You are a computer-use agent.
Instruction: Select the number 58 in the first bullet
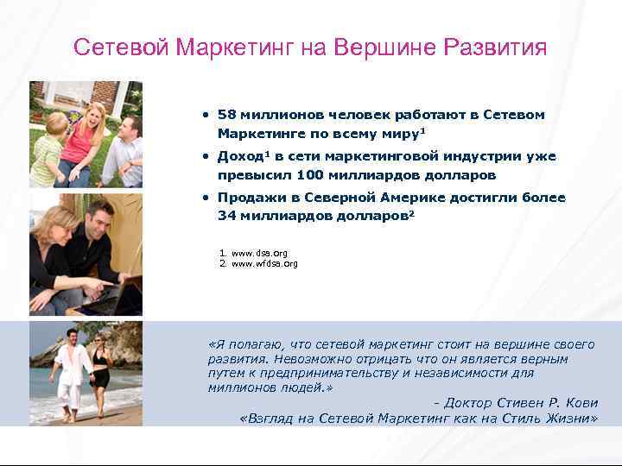coord(226,115)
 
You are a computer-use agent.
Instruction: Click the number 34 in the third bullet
coord(226,216)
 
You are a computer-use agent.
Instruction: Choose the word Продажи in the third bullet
coord(249,198)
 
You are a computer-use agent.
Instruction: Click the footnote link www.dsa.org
coord(260,253)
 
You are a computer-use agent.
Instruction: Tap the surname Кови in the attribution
coord(582,402)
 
